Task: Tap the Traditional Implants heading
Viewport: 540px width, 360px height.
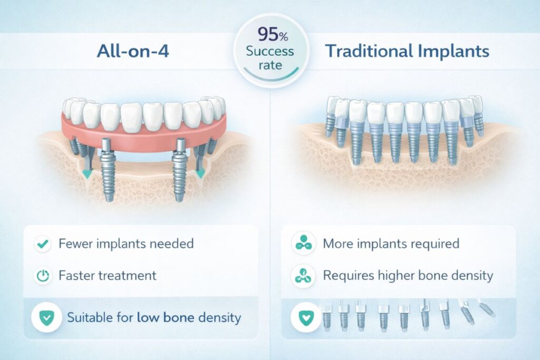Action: pyautogui.click(x=407, y=52)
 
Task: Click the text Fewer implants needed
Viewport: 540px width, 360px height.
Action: pyautogui.click(x=126, y=244)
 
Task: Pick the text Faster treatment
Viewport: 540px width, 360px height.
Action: pyautogui.click(x=108, y=275)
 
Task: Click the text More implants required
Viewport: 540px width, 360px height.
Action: pyautogui.click(x=391, y=245)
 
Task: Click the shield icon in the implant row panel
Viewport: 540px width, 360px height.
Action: pyautogui.click(x=304, y=317)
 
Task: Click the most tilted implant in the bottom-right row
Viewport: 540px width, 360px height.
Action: pyautogui.click(x=486, y=308)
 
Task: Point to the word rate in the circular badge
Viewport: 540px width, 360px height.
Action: pyautogui.click(x=270, y=66)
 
